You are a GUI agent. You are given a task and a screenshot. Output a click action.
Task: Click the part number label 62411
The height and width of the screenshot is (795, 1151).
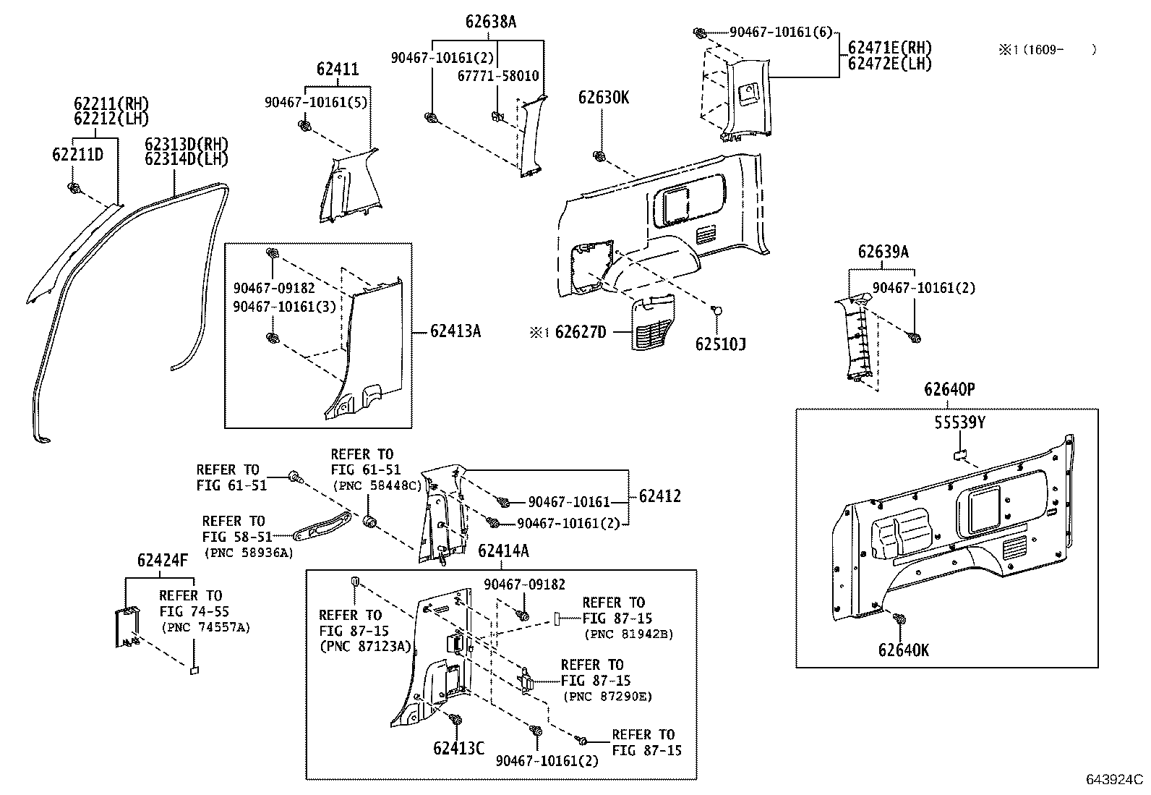[337, 69]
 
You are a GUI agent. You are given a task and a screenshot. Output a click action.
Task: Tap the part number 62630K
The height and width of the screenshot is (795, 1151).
[603, 97]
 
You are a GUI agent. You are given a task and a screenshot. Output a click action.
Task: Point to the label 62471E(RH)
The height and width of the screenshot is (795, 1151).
[889, 48]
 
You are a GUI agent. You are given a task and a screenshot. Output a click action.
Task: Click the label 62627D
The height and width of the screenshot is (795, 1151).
[580, 333]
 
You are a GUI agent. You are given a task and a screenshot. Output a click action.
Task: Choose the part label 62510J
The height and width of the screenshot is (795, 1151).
[720, 344]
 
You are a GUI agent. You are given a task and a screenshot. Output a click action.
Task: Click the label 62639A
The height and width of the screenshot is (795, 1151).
[883, 252]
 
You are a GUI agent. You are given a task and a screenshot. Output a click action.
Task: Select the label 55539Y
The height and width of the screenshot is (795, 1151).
[959, 422]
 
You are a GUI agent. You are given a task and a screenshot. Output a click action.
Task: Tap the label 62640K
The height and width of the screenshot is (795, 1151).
[903, 650]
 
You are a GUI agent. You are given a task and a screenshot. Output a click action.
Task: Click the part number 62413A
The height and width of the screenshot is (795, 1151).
[455, 331]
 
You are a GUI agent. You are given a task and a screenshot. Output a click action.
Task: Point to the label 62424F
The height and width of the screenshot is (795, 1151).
[162, 560]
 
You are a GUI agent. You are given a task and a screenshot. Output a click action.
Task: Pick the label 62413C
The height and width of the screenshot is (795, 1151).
[458, 748]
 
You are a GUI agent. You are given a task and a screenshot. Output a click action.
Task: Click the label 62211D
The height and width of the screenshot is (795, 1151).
[77, 154]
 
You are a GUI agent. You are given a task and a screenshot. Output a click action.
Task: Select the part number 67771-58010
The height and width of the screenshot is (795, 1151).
[498, 76]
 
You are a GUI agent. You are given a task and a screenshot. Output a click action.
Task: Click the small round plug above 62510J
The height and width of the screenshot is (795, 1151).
[716, 310]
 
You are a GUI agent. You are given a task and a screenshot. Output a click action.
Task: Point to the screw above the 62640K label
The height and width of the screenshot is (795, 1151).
[900, 620]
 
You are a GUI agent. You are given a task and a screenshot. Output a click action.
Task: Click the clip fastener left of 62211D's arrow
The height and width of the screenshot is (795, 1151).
[73, 189]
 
